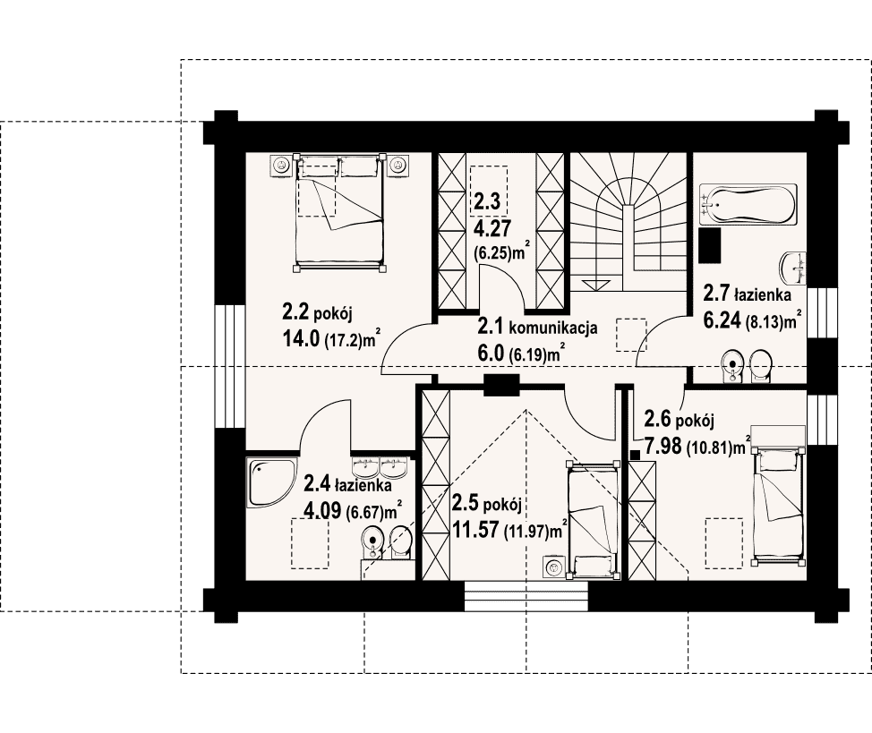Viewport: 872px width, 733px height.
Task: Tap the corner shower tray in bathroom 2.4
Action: pyautogui.click(x=269, y=482)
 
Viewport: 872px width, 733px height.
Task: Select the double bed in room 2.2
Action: pyautogui.click(x=338, y=212)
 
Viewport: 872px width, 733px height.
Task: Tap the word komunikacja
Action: pyautogui.click(x=552, y=328)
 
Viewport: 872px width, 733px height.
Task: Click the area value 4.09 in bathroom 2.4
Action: pyautogui.click(x=322, y=510)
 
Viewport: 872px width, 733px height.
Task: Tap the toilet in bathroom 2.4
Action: pyautogui.click(x=401, y=542)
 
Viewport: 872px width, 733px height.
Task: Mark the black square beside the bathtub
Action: pyautogui.click(x=710, y=245)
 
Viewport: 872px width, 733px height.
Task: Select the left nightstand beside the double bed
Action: pyautogui.click(x=281, y=166)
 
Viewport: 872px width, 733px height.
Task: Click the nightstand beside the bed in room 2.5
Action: pyautogui.click(x=552, y=567)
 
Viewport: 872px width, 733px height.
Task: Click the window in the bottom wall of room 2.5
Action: pyautogui.click(x=526, y=596)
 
